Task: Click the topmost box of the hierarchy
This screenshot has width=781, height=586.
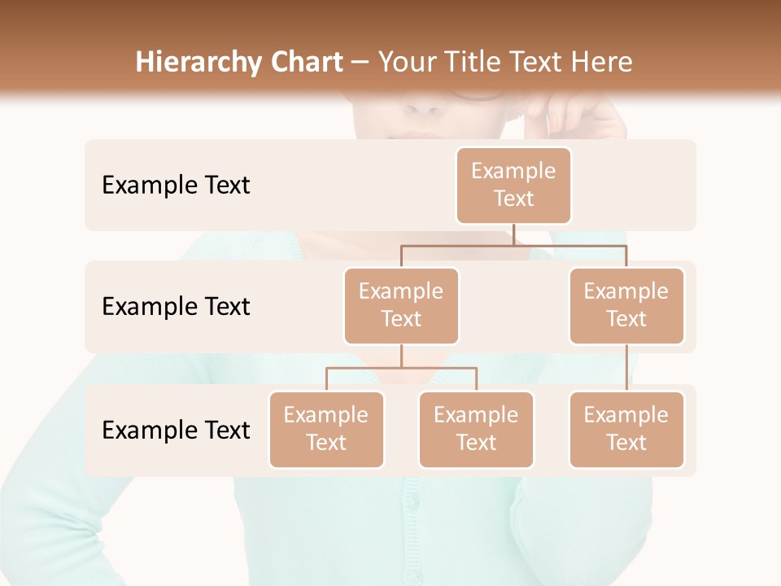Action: point(513,186)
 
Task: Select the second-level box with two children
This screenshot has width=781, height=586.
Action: point(401,306)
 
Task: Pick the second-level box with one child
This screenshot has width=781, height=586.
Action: point(626,306)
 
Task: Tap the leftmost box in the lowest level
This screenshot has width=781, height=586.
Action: point(326,430)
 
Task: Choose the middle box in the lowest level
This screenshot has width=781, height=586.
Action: point(476,430)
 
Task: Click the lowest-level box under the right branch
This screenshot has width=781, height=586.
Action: point(626,430)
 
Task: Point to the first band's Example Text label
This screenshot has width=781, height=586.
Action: point(176,186)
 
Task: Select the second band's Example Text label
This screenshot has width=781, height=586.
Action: point(176,307)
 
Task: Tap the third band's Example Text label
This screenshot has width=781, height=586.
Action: point(176,430)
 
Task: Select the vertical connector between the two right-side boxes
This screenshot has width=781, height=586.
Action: point(626,368)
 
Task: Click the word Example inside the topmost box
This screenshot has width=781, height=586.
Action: point(513,172)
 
